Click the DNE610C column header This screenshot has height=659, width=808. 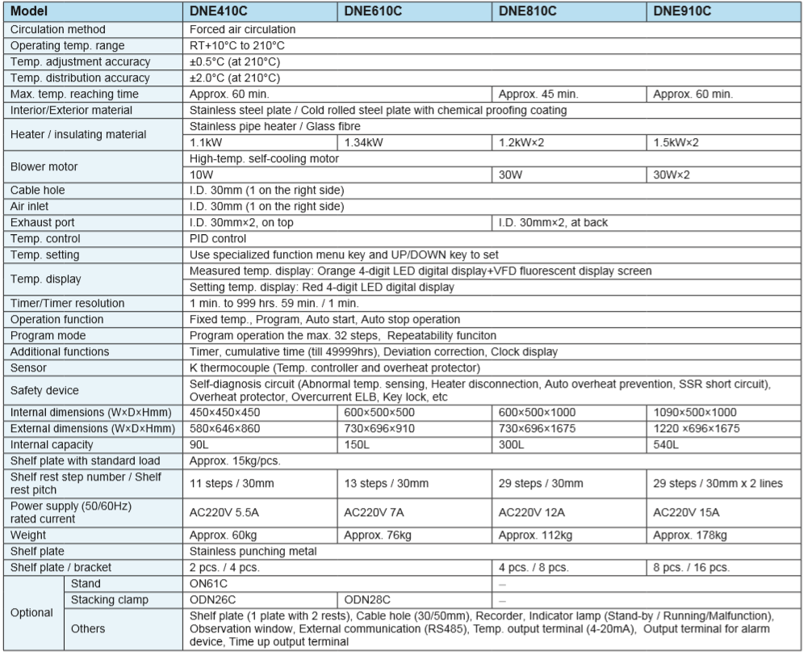tap(373, 12)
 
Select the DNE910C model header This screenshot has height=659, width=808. tap(683, 12)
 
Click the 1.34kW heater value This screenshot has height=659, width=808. tap(366, 142)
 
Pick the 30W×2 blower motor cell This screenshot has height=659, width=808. tap(676, 174)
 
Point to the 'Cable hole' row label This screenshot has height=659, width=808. tap(38, 190)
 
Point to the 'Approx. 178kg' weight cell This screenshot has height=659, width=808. tap(690, 535)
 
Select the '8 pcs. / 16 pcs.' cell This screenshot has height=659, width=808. tap(691, 567)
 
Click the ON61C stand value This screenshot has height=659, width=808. tap(208, 583)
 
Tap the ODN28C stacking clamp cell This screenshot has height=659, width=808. tap(367, 599)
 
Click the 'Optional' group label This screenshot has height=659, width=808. tap(32, 612)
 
